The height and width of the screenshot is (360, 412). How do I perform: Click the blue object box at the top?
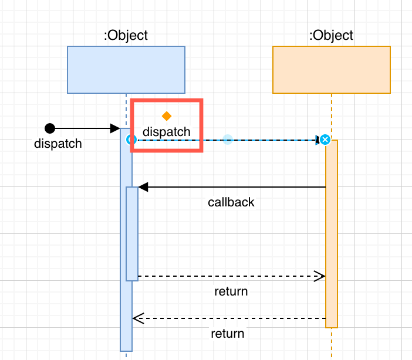[126, 70]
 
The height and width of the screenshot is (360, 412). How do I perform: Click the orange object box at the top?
[332, 70]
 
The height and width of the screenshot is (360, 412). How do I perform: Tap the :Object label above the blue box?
[126, 35]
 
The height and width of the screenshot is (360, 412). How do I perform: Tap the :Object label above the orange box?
[332, 35]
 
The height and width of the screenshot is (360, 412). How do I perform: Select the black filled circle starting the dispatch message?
[50, 128]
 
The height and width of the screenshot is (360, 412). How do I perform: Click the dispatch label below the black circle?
[58, 144]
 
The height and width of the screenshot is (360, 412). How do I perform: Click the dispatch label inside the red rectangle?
[167, 132]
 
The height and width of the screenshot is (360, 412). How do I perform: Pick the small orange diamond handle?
[167, 116]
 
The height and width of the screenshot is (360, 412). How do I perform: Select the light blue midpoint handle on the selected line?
[228, 140]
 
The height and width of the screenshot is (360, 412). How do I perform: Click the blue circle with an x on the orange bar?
[325, 140]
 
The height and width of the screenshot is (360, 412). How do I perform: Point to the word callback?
[231, 202]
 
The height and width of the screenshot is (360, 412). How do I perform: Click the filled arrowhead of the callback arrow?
[143, 187]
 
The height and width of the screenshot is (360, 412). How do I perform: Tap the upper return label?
[231, 291]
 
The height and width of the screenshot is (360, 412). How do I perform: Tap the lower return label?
[228, 334]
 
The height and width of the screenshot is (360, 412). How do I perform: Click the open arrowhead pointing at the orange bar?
[320, 276]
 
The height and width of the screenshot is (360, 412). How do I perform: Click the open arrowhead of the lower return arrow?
[138, 318]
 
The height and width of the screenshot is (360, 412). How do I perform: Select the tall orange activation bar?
[332, 235]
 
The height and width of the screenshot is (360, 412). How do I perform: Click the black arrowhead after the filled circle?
[115, 128]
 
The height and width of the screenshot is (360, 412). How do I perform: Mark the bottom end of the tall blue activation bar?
[126, 349]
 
